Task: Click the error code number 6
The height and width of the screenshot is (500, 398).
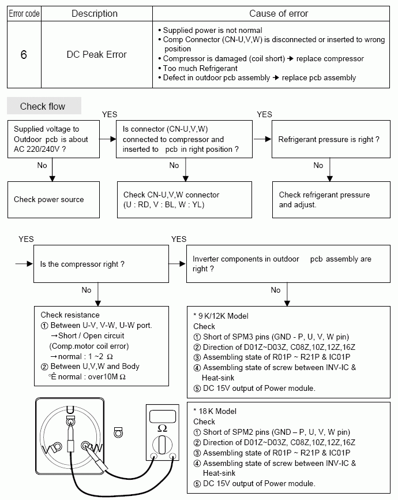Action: tap(23, 55)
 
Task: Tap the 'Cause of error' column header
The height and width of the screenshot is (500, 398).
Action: tap(279, 13)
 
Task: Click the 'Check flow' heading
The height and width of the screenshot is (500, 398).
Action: tap(43, 106)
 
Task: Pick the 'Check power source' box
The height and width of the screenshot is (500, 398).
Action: tap(48, 200)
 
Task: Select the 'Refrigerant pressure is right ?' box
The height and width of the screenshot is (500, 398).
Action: tap(329, 139)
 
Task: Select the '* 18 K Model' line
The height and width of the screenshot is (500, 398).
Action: tap(217, 411)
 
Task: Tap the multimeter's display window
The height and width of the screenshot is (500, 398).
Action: tap(162, 415)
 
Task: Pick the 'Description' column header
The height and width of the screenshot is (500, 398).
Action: tap(95, 13)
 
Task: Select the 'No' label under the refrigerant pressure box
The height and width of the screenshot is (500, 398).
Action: tap(318, 166)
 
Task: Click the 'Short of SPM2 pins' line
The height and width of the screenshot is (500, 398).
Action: tap(276, 432)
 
